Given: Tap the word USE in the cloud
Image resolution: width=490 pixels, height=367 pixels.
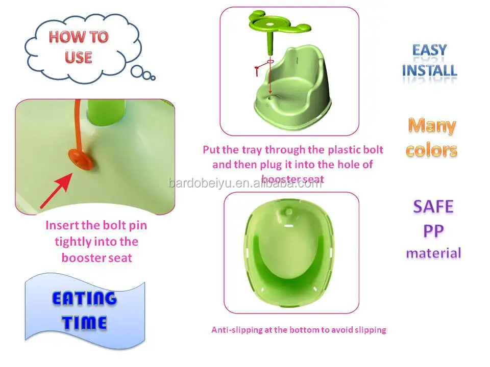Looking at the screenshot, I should click(78, 57).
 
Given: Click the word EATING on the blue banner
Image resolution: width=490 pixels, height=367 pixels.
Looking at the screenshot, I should click(84, 299).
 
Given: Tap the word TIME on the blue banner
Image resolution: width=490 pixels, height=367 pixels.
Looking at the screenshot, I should click(85, 322).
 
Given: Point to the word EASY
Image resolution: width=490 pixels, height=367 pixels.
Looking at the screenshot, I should click(429, 50).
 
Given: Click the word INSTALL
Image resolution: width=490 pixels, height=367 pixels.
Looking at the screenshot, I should click(429, 70).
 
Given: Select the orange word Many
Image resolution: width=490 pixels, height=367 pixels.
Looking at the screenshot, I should click(432, 125).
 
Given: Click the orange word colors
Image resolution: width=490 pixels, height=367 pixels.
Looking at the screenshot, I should click(432, 150).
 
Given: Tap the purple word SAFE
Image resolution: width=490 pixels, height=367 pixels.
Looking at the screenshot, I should click(433, 206).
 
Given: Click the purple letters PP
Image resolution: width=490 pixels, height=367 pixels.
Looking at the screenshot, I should click(433, 230).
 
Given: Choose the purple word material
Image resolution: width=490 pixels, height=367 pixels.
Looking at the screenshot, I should click(433, 252).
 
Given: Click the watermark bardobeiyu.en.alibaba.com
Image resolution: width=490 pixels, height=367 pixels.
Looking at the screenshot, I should click(246, 183).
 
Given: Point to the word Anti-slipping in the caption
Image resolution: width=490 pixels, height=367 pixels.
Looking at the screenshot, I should click(237, 330).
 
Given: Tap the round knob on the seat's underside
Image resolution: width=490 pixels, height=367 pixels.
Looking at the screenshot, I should click(289, 211).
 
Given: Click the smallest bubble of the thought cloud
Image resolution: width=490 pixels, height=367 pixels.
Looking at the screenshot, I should click(152, 77).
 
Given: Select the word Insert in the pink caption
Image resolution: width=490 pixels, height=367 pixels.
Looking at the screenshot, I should click(61, 225).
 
